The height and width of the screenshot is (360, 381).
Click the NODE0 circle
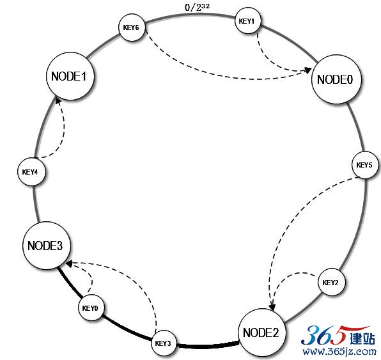tap(336, 79)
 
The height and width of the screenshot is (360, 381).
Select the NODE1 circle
tap(70, 76)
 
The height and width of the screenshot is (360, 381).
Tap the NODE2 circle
tap(261, 333)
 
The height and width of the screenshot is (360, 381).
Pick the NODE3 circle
tap(47, 246)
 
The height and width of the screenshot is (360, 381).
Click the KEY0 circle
tap(91, 308)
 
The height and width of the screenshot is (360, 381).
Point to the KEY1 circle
tap(247, 20)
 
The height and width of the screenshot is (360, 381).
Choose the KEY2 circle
tap(331, 282)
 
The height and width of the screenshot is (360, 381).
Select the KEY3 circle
tap(164, 343)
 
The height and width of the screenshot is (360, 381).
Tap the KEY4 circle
tap(31, 171)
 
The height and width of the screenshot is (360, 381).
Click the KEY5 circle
tap(366, 165)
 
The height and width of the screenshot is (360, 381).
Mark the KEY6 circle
tap(132, 27)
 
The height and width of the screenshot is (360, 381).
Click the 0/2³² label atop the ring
tap(197, 7)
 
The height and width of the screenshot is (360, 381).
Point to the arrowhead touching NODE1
tap(58, 100)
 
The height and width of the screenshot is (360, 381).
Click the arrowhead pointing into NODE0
tap(308, 70)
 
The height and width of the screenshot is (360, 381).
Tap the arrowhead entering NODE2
tap(272, 308)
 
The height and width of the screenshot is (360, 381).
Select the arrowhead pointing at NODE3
tap(69, 263)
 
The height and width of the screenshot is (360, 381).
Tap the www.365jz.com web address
tap(339, 352)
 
